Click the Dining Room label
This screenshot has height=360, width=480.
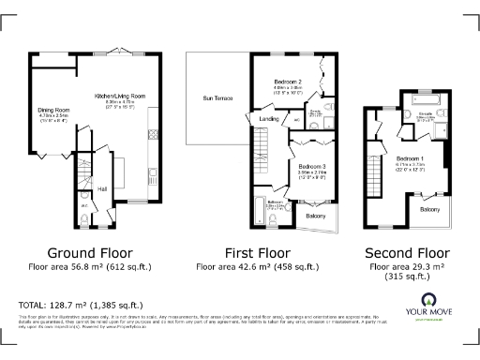pos(49,110)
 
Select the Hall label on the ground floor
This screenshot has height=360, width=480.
pos(102,189)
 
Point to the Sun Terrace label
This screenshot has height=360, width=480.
pos(217,97)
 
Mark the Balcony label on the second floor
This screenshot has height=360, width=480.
pos(429,209)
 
